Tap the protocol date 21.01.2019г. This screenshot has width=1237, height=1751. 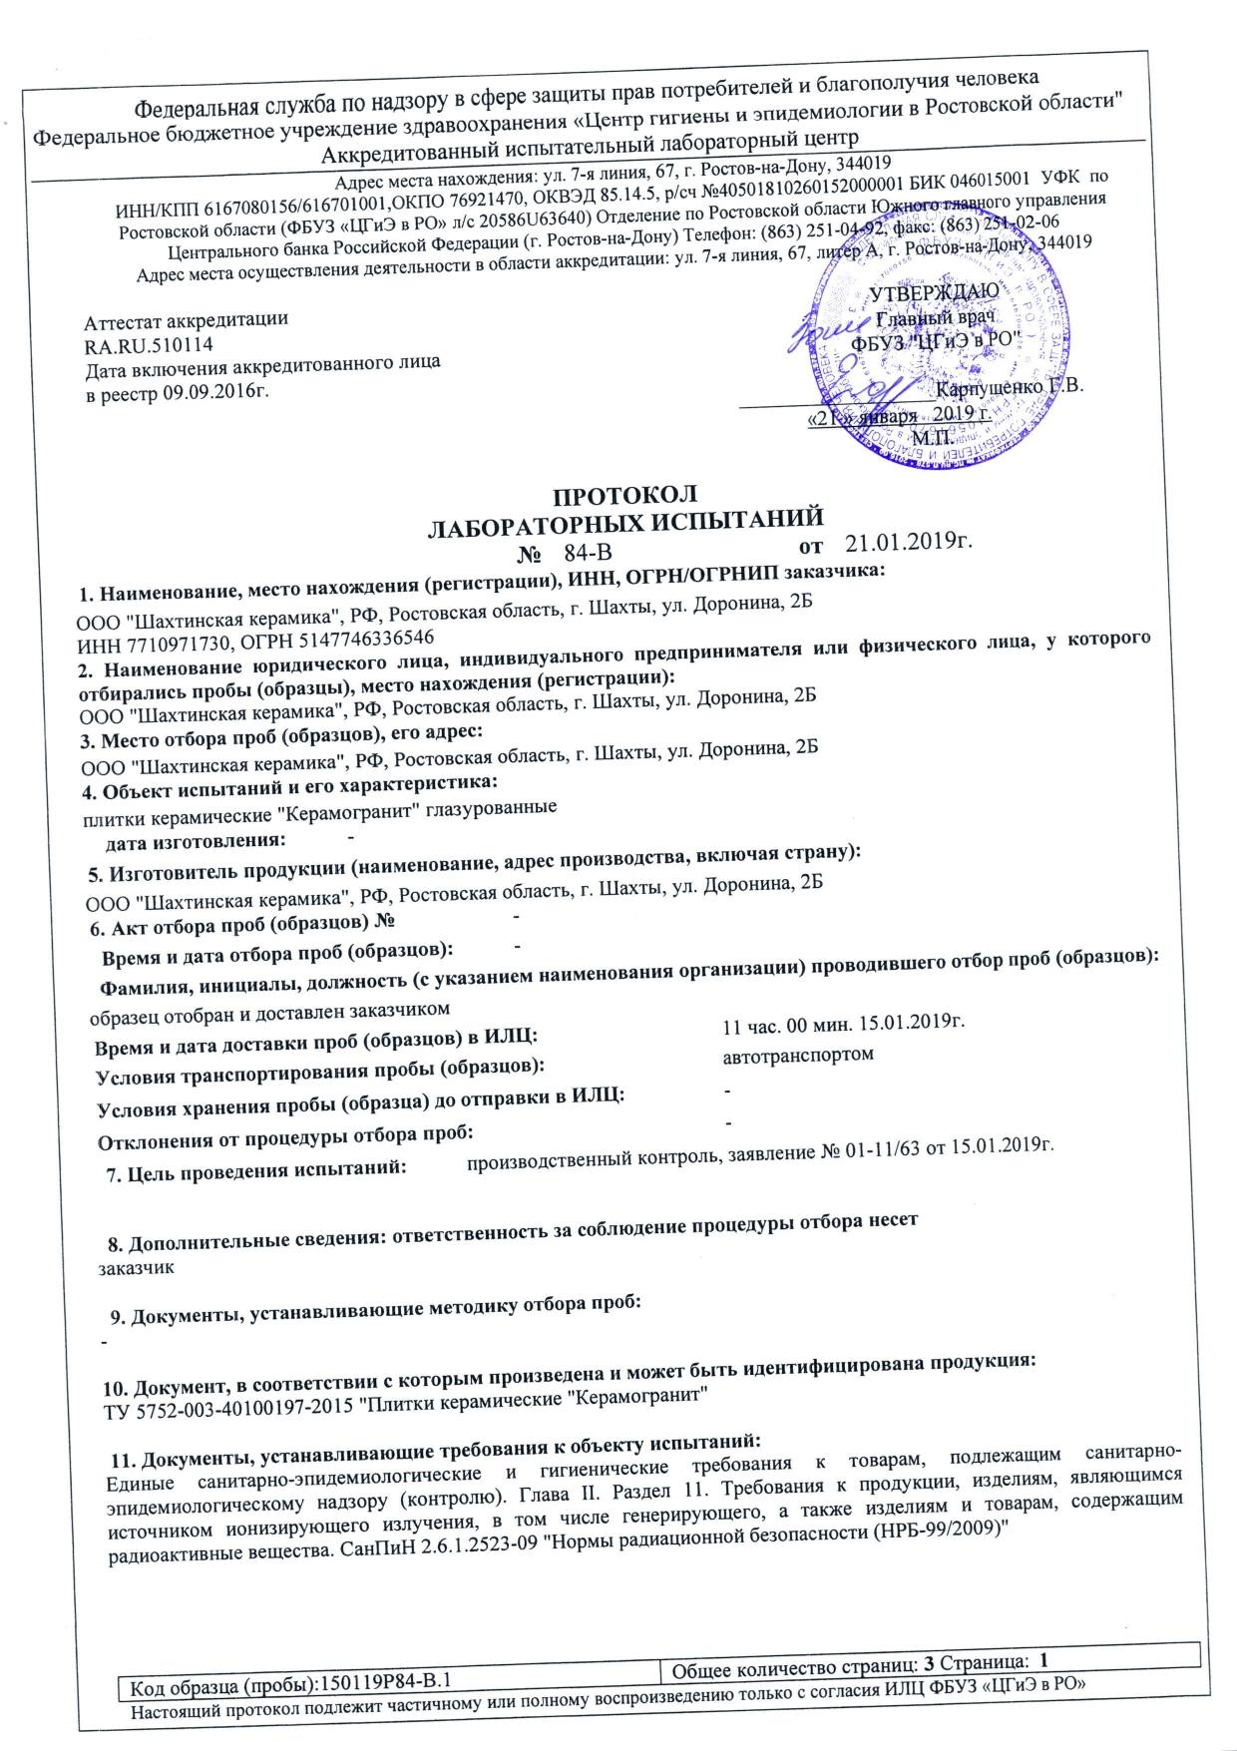(908, 543)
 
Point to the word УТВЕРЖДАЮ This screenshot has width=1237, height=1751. (928, 293)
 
